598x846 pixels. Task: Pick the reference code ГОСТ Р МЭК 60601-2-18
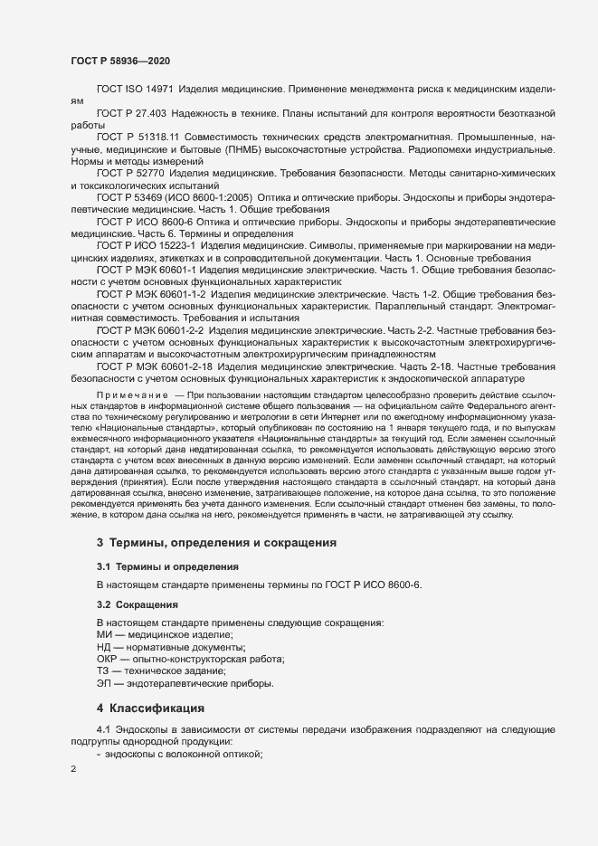pos(155,366)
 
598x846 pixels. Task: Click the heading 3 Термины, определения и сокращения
pos(217,543)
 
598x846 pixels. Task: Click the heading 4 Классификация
pos(152,707)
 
